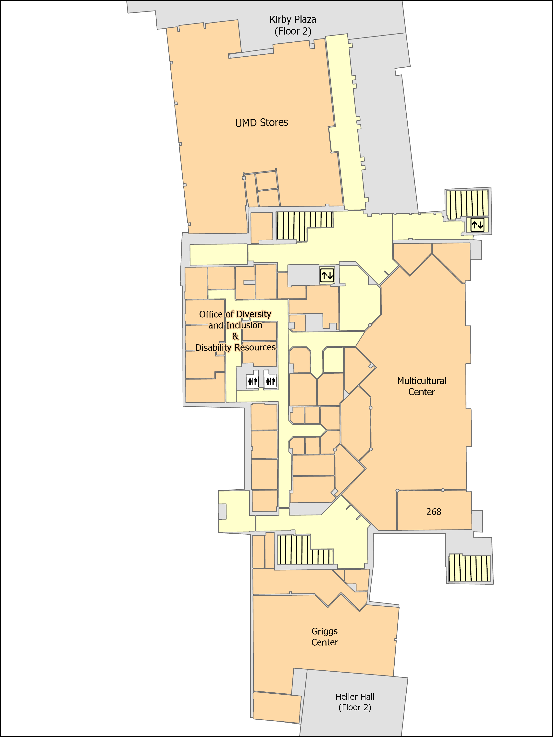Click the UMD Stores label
tap(262, 123)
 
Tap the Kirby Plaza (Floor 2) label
tap(293, 25)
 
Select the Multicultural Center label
tap(422, 386)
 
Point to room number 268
tap(434, 512)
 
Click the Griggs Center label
tap(325, 637)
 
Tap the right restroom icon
tap(270, 381)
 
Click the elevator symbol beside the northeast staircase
tap(477, 225)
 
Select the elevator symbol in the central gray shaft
tap(327, 275)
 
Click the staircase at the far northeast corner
tap(467, 204)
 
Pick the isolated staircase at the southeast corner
tap(469, 568)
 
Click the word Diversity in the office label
tap(254, 314)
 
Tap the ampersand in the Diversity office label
tap(235, 336)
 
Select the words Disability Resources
tap(235, 347)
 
